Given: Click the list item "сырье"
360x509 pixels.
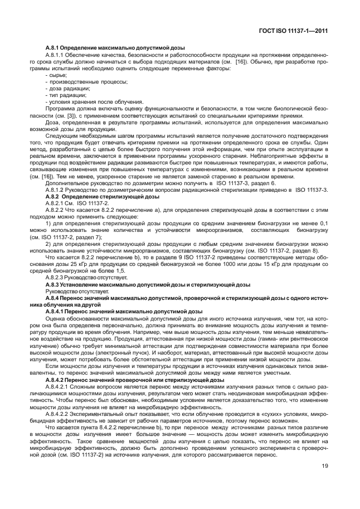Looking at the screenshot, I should (57, 75).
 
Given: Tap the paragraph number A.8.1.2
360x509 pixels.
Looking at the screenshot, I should (56, 190).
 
